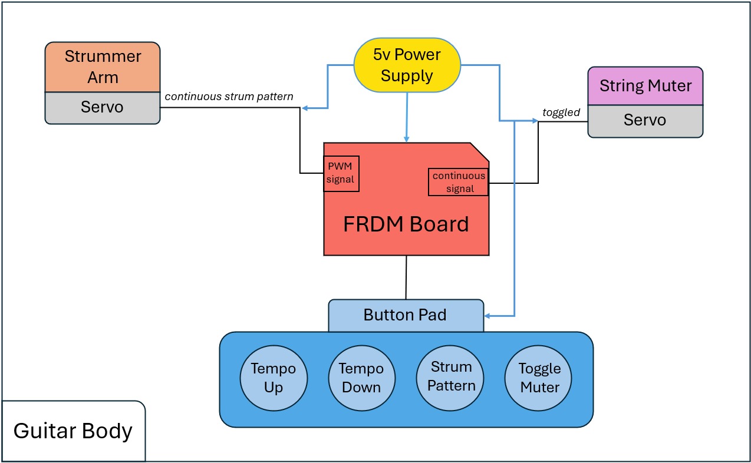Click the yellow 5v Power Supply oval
click(x=406, y=65)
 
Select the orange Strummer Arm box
click(x=103, y=67)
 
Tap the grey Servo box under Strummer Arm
click(x=103, y=108)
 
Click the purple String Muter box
click(x=645, y=85)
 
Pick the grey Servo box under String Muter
click(x=645, y=121)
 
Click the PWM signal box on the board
click(x=341, y=173)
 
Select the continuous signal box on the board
click(x=459, y=182)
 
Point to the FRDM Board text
click(x=406, y=224)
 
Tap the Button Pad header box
click(x=406, y=315)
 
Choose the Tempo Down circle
click(x=361, y=378)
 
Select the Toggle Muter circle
click(x=539, y=378)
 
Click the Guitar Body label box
click(x=73, y=431)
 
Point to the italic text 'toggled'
click(x=561, y=113)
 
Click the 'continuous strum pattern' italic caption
click(x=229, y=96)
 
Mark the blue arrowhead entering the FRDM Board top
click(x=406, y=138)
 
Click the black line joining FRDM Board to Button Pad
click(x=406, y=277)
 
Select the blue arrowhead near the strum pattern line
click(x=305, y=108)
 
